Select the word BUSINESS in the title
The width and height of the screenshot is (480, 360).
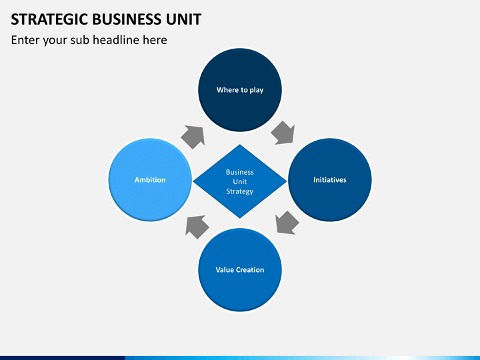click(x=127, y=19)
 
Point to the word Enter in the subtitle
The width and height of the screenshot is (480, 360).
click(x=25, y=40)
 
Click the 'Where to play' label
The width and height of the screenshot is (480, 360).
click(x=240, y=90)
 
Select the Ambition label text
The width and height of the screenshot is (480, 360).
click(x=150, y=180)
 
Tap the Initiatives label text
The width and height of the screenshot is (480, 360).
click(x=330, y=180)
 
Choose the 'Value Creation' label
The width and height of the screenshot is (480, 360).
click(x=240, y=270)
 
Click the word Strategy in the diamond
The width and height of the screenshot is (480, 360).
click(x=240, y=191)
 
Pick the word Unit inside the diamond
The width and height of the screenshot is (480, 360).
click(x=240, y=181)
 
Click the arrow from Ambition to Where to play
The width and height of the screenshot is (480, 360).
click(x=193, y=137)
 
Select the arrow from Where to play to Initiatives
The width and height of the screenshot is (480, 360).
click(x=283, y=133)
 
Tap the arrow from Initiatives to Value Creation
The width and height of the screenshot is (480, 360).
click(x=287, y=223)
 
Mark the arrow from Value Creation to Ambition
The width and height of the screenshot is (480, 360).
click(x=197, y=227)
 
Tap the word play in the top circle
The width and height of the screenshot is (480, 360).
click(x=257, y=90)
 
